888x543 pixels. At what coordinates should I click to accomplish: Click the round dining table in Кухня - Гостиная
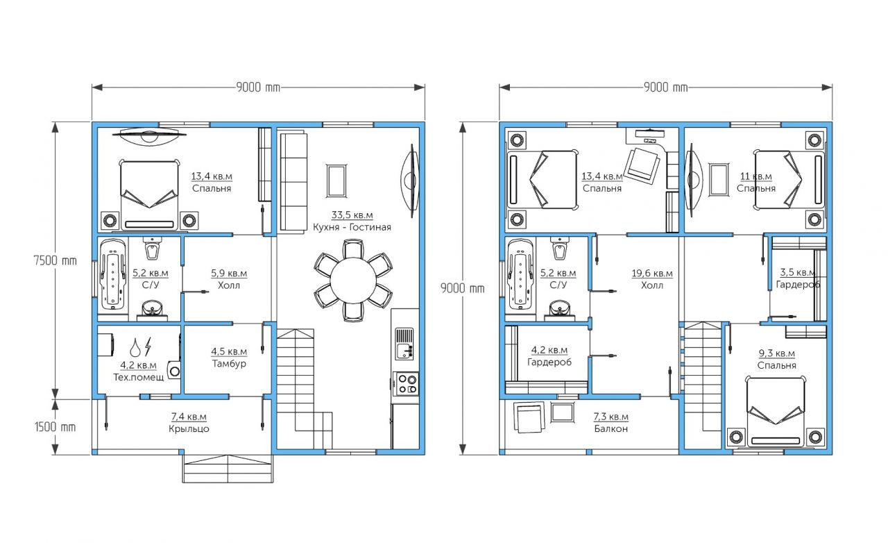click(353, 281)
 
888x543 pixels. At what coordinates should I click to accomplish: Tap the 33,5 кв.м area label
click(352, 215)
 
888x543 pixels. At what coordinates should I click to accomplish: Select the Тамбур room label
click(229, 364)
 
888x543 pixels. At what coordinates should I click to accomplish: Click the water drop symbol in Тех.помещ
click(135, 347)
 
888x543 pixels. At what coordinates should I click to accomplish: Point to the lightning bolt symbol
click(148, 346)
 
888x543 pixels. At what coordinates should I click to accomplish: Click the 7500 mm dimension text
click(55, 261)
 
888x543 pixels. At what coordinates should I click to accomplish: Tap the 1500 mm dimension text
click(55, 427)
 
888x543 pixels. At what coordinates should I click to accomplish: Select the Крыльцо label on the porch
click(189, 429)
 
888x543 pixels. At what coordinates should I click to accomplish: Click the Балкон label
click(611, 428)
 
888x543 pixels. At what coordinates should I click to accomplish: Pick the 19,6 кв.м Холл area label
click(652, 274)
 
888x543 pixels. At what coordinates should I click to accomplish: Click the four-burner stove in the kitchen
click(406, 384)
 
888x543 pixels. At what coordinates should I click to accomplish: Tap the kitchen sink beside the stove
click(404, 344)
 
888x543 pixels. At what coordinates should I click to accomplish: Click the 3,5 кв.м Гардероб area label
click(798, 272)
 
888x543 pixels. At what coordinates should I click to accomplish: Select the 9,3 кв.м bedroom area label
click(776, 353)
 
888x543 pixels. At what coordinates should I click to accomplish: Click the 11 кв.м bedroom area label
click(756, 176)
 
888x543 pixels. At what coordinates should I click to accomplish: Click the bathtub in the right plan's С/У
click(520, 275)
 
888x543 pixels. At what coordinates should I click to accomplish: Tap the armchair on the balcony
click(529, 417)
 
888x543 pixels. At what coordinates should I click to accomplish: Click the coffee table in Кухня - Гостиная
click(336, 181)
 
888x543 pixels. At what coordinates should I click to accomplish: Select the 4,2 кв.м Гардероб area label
click(549, 350)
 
